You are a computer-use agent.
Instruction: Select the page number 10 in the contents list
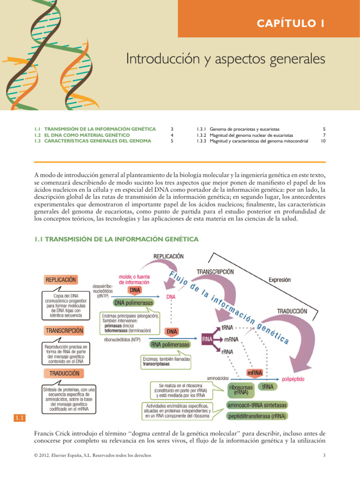point(323,141)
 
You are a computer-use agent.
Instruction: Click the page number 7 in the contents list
point(324,134)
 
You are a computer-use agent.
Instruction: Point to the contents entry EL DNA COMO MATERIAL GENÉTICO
point(82,134)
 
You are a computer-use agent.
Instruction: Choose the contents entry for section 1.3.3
point(253,141)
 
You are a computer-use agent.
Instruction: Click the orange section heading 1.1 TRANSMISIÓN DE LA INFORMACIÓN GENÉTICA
point(116,239)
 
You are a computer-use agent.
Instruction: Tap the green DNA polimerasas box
point(133,303)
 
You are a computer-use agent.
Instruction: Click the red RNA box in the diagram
point(207,338)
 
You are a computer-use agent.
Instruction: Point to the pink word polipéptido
point(294,377)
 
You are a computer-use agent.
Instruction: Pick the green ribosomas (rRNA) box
point(241,390)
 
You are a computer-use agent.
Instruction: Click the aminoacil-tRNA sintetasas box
point(257,405)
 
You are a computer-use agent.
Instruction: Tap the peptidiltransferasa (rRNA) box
point(257,416)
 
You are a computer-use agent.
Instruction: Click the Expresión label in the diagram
point(279,279)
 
